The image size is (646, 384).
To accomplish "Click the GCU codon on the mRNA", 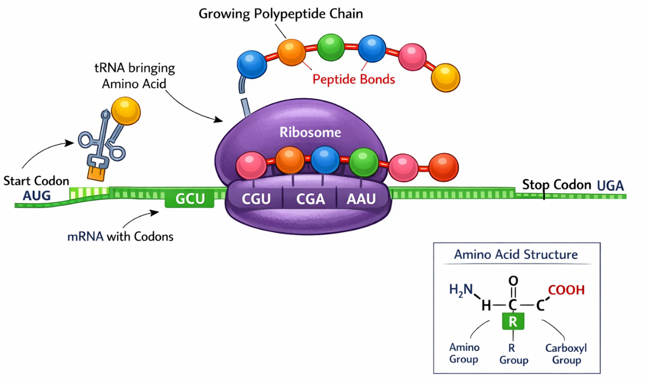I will click(189, 200).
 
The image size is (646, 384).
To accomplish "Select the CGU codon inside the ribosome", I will click(256, 200).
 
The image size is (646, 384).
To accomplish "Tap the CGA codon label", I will click(310, 200).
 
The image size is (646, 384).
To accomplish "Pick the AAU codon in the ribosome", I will click(362, 200).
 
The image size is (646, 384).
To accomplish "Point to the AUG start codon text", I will click(37, 196).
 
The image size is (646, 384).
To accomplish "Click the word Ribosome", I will click(310, 132).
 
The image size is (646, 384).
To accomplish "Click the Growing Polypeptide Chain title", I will click(280, 14).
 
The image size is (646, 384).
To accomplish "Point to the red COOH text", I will click(566, 290).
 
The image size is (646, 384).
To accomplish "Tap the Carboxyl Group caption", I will click(566, 354).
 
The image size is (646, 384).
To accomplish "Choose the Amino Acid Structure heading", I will click(516, 255).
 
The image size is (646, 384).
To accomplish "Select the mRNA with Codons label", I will click(120, 236).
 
